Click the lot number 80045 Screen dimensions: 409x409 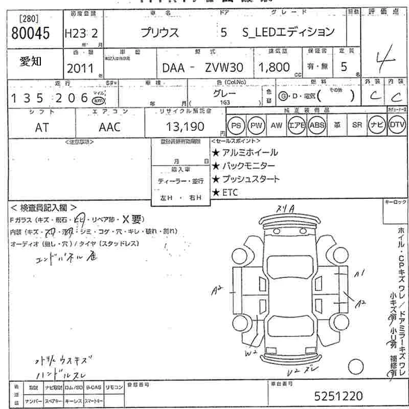click(x=30, y=34)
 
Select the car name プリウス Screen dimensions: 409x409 click(x=160, y=33)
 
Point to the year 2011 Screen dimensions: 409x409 click(x=80, y=69)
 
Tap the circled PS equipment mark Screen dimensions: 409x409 click(x=236, y=125)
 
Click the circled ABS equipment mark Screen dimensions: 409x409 click(x=316, y=125)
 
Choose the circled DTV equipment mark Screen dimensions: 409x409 click(x=397, y=125)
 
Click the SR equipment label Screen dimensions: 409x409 click(x=357, y=125)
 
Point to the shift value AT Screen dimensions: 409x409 click(x=42, y=127)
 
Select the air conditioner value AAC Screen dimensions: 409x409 click(x=109, y=127)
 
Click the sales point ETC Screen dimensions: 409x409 click(x=231, y=192)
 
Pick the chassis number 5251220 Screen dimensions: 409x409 click(x=338, y=396)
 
